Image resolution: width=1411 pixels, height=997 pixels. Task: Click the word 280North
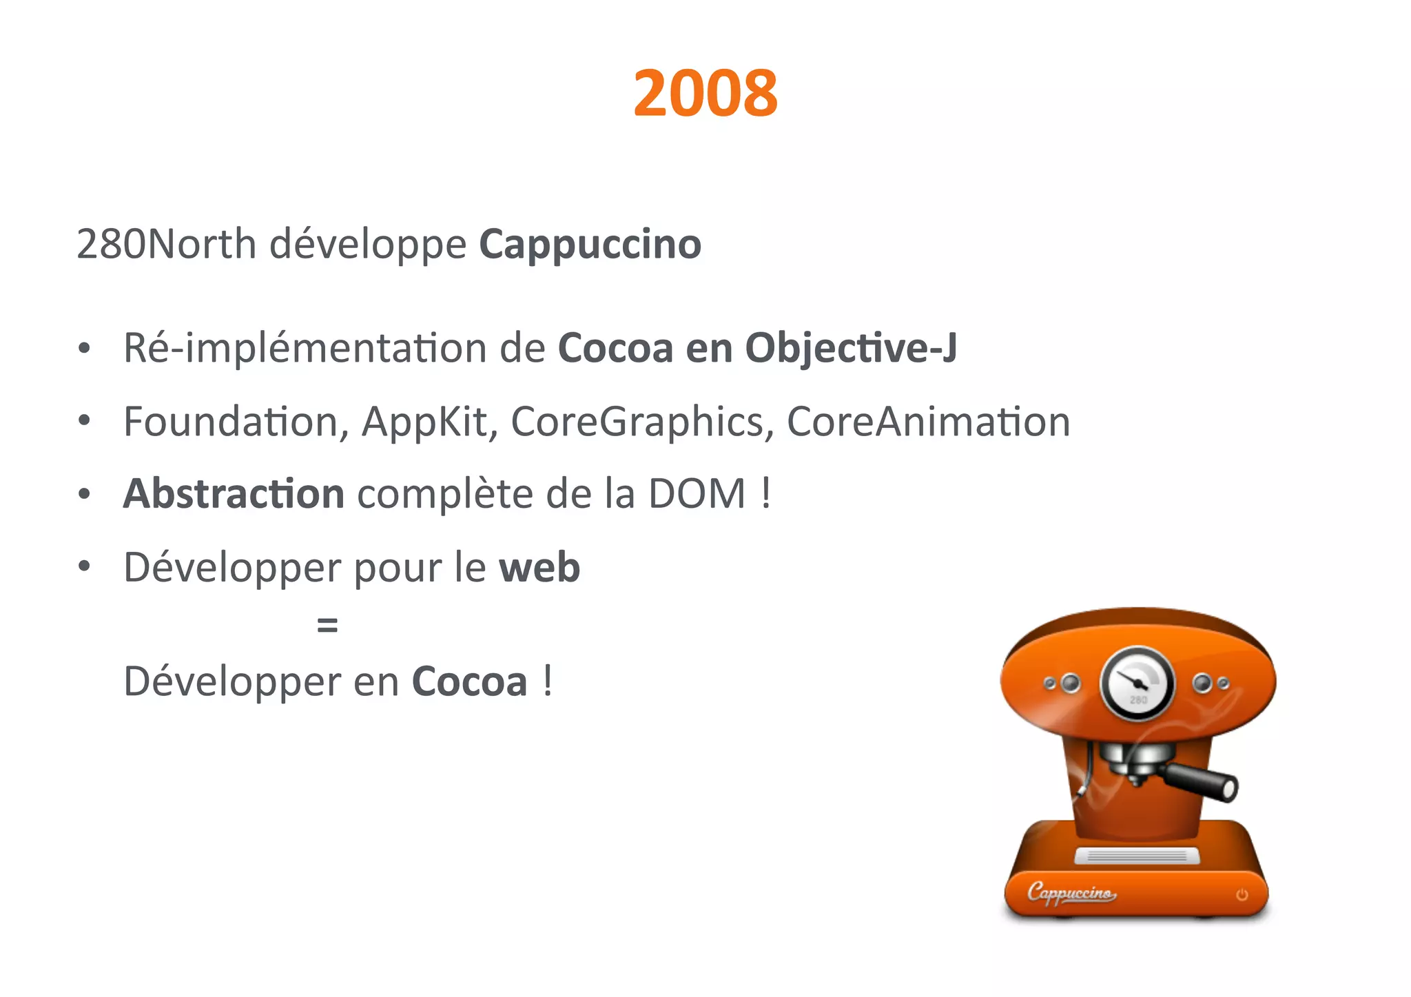pos(166,244)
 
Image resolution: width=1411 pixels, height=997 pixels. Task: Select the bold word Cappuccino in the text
pos(590,244)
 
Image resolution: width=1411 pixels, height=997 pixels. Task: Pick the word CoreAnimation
pos(928,422)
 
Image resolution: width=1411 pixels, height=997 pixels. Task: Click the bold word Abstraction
pos(234,494)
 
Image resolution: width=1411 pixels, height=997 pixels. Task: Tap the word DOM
pos(697,494)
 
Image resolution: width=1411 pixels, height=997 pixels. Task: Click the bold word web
pos(539,568)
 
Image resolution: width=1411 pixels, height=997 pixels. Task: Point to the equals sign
pos(327,626)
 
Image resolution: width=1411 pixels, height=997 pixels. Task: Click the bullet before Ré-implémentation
pos(84,349)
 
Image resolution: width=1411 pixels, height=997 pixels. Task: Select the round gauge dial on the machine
pos(1137,683)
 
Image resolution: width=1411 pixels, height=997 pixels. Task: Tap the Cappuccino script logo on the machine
pos(1071,893)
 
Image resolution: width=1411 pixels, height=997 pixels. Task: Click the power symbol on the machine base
pos(1242,894)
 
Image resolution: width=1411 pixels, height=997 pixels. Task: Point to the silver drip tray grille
pos(1137,856)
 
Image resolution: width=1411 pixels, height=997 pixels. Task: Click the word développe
pos(368,245)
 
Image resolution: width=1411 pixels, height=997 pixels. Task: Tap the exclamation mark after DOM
pos(766,494)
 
